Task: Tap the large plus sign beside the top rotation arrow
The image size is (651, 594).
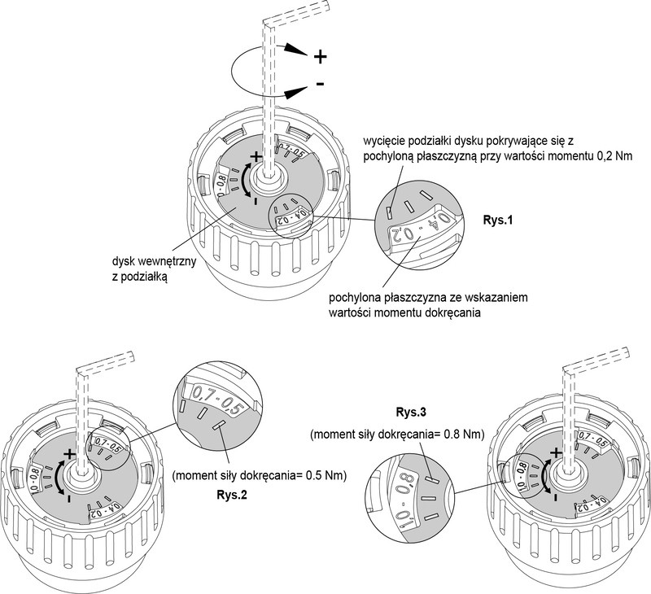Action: point(320,57)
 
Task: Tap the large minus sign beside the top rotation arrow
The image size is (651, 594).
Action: point(321,84)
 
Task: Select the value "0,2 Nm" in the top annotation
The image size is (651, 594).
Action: point(564,155)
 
